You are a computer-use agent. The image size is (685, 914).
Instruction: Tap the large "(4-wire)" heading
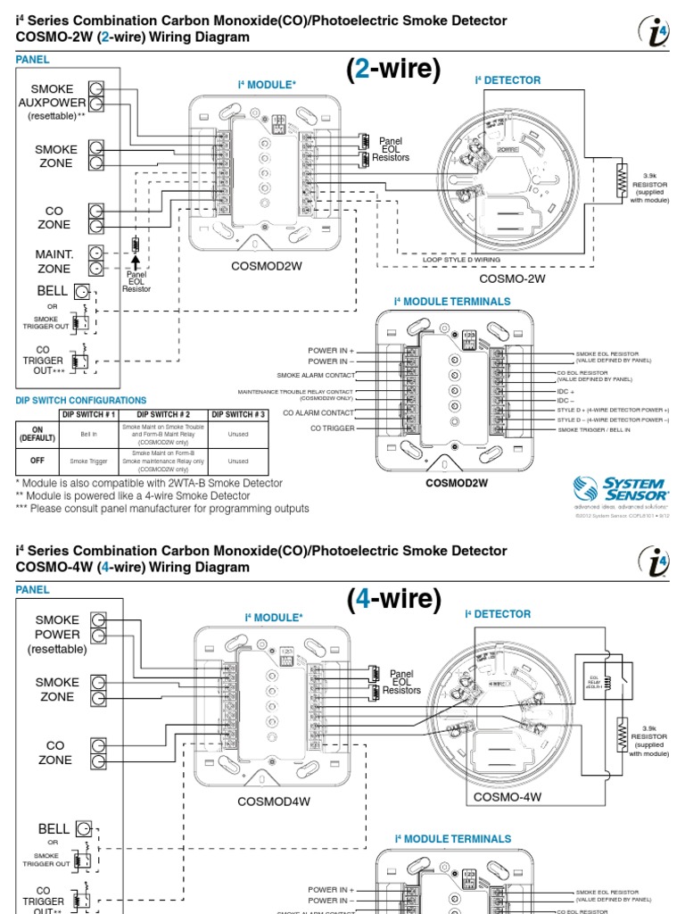pos(394,600)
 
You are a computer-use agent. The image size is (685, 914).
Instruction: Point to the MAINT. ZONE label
pos(54,262)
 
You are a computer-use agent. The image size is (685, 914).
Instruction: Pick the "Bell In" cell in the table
pos(88,434)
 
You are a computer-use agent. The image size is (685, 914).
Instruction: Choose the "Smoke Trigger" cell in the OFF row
pos(88,461)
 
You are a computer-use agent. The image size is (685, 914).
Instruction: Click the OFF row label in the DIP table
pos(37,461)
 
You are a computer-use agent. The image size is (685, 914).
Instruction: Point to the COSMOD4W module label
pos(273,801)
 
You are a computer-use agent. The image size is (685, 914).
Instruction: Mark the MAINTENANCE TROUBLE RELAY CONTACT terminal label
pos(295,395)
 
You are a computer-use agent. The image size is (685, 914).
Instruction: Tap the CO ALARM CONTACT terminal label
pos(318,412)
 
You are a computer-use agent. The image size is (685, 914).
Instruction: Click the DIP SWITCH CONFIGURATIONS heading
pos(81,401)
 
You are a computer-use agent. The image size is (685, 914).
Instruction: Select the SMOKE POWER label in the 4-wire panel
pos(58,633)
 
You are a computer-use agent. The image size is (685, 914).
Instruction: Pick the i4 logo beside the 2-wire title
pos(654,32)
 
